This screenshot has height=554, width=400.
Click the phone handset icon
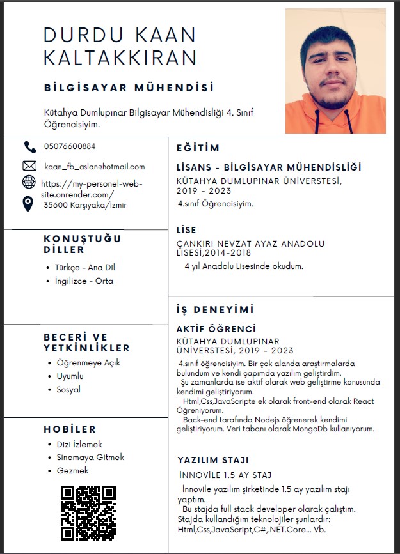click(x=29, y=147)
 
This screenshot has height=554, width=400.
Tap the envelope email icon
click(x=29, y=166)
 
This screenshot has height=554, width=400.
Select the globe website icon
click(x=29, y=183)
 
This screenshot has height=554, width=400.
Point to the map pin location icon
click(x=28, y=204)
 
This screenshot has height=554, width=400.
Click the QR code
click(x=88, y=512)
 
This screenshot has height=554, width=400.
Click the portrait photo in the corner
click(x=335, y=70)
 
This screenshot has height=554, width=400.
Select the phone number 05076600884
click(x=70, y=146)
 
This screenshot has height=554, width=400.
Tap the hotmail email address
click(x=95, y=167)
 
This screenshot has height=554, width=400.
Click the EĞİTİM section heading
click(x=198, y=148)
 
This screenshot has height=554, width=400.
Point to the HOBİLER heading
click(x=70, y=429)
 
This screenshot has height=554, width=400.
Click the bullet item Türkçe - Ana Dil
click(x=84, y=267)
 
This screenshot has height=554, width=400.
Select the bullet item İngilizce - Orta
click(x=84, y=281)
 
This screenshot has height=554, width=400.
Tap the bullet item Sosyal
click(x=68, y=389)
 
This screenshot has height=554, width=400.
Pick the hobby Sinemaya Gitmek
click(x=90, y=458)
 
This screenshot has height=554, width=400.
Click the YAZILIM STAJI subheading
click(x=213, y=460)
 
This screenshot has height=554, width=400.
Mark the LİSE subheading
click(x=186, y=230)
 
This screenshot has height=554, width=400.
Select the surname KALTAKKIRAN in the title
click(x=120, y=58)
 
